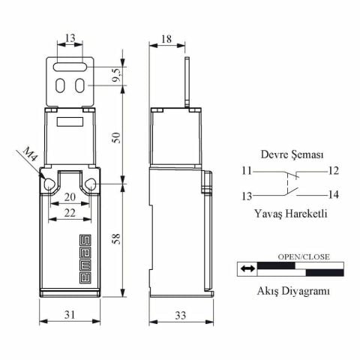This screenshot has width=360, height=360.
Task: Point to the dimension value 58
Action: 116,238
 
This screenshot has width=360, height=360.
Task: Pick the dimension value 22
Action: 69,214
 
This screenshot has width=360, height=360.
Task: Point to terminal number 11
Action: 247,172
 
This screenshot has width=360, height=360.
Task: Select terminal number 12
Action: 334,172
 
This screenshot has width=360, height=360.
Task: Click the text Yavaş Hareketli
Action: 291,214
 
